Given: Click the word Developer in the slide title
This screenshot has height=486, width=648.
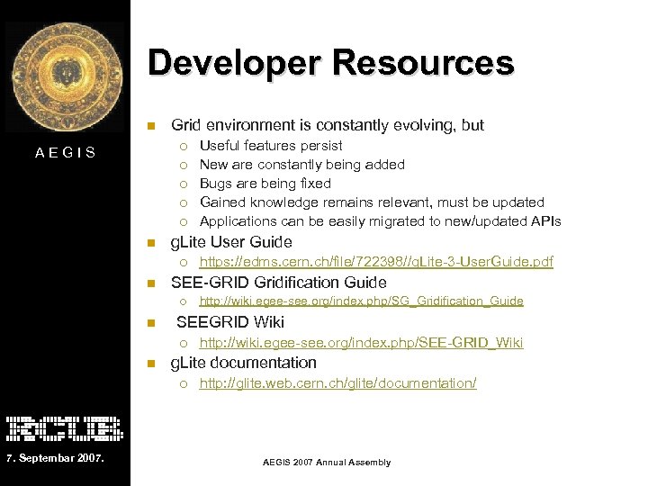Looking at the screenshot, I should point(235,64).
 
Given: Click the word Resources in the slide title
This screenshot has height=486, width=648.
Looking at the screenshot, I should point(423,64).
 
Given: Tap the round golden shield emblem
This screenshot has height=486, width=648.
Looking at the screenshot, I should point(65,76).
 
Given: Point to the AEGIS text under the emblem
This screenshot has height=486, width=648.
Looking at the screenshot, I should point(65,152).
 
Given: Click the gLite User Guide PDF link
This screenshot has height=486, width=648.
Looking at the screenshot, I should point(375,262).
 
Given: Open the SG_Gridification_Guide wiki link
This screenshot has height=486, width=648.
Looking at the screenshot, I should point(361,301).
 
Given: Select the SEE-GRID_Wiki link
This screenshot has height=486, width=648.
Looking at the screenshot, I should point(361,343).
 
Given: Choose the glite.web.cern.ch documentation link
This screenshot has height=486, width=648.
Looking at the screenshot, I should point(337,383).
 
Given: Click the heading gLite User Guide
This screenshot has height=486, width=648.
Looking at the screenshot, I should point(231,241).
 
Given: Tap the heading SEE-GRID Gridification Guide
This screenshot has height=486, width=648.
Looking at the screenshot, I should point(279,282).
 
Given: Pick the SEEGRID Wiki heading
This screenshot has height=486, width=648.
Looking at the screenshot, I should point(230,322).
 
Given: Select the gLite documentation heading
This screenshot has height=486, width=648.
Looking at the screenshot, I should point(244,363).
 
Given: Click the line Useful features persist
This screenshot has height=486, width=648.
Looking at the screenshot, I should point(271,145).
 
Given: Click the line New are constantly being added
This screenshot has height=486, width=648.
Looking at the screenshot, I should point(302,164).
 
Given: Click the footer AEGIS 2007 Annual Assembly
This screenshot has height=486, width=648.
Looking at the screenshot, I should point(327,462).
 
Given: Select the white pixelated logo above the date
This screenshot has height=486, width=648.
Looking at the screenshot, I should point(64,427).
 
